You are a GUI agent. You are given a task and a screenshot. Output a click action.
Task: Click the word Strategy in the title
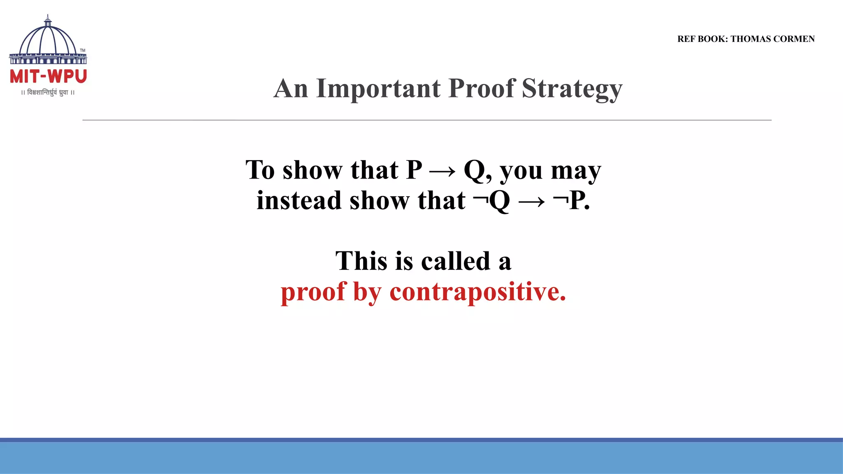tap(572, 88)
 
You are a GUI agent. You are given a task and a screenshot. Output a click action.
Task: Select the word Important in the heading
tap(378, 88)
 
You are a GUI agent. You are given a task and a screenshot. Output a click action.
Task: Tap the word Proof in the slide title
tap(481, 88)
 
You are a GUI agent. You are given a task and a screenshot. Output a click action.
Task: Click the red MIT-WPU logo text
tap(48, 77)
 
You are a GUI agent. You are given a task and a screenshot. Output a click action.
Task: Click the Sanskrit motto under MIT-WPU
tap(48, 93)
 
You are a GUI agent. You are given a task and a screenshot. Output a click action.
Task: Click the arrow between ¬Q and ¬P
tap(531, 201)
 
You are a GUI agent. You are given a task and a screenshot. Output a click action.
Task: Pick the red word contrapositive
tap(478, 292)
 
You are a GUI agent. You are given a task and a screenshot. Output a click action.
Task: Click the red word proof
tap(313, 292)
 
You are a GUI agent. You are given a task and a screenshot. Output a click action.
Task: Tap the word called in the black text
tap(456, 261)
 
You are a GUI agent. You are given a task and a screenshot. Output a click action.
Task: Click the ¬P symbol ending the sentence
tap(570, 201)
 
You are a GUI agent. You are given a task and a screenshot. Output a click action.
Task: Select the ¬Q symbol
tap(492, 201)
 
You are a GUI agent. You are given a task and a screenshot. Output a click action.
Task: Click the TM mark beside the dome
tap(83, 50)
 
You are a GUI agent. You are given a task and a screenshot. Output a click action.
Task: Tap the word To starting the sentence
tap(260, 170)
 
